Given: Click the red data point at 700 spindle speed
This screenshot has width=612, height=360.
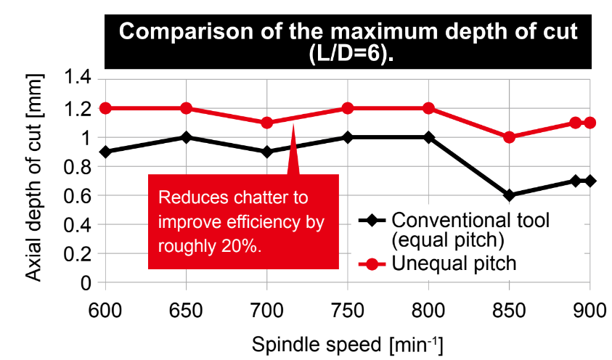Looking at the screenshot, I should (x=266, y=123).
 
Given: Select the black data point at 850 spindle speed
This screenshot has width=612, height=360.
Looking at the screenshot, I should (x=509, y=195).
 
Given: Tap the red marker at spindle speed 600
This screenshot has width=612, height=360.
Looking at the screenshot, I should (x=105, y=108).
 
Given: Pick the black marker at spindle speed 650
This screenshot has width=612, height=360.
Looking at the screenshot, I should (x=186, y=137).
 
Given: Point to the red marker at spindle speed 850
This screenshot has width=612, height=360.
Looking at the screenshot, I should (x=509, y=137).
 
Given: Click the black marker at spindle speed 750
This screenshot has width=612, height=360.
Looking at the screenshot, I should (x=347, y=137).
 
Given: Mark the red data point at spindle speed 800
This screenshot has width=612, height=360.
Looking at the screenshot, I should (x=428, y=108).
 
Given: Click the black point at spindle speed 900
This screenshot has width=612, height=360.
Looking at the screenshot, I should (x=589, y=181).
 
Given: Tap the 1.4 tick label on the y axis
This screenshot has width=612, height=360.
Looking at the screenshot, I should (x=78, y=79).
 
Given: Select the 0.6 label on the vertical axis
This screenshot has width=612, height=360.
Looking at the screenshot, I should (x=78, y=195).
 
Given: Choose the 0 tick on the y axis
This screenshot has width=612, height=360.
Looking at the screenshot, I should (x=85, y=282).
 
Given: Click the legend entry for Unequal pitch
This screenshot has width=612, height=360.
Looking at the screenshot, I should (x=453, y=263).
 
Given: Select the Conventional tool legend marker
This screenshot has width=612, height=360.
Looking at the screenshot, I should (x=372, y=220).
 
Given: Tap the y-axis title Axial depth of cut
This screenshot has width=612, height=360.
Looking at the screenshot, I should (x=33, y=180).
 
